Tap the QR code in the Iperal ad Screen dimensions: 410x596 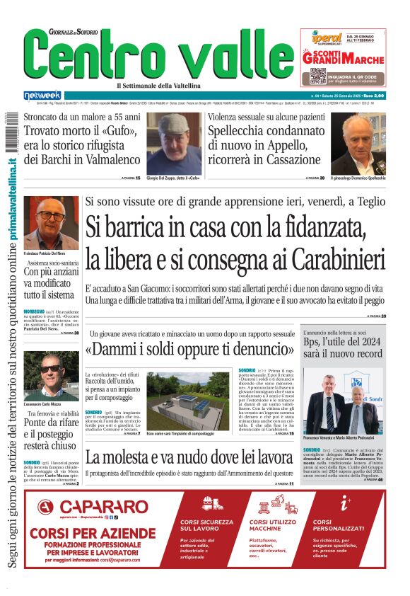point(317,76)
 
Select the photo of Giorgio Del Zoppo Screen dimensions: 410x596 point(173,142)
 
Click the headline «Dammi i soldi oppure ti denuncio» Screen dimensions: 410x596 point(189,350)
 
